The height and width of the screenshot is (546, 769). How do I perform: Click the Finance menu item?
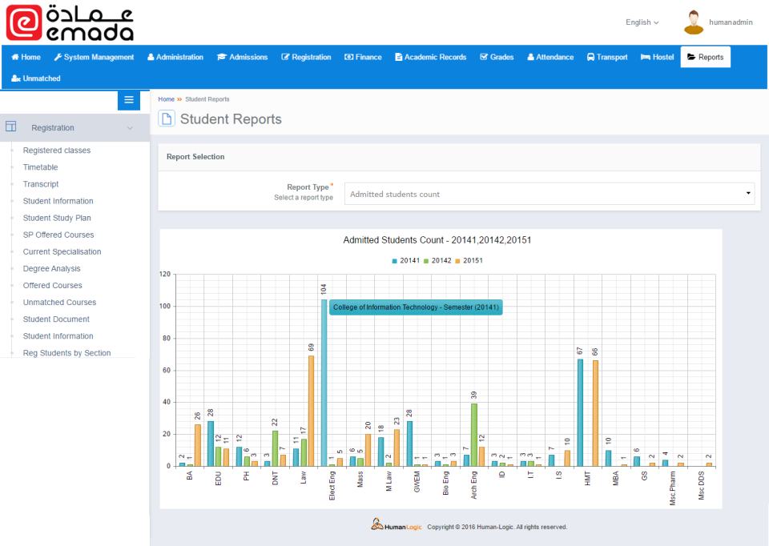(363, 58)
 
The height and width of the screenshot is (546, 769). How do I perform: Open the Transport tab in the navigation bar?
(607, 58)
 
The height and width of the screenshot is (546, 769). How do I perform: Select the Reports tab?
(705, 58)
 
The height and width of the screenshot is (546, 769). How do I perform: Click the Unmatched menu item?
(36, 78)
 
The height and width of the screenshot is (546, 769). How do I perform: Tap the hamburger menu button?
(129, 100)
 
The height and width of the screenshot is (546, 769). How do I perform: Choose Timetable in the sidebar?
(40, 167)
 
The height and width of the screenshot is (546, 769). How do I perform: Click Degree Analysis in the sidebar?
(51, 269)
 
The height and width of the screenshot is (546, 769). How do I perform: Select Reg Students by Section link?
(66, 353)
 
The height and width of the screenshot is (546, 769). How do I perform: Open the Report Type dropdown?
(550, 194)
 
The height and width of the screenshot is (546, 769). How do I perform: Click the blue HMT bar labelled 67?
(580, 412)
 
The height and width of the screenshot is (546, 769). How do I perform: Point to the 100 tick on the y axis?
(166, 306)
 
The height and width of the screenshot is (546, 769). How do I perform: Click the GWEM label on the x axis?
(417, 482)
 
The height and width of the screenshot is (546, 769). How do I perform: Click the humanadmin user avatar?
(694, 22)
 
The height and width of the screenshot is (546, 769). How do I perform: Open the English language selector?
(642, 22)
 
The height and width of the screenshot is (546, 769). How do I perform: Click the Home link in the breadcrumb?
(166, 99)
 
